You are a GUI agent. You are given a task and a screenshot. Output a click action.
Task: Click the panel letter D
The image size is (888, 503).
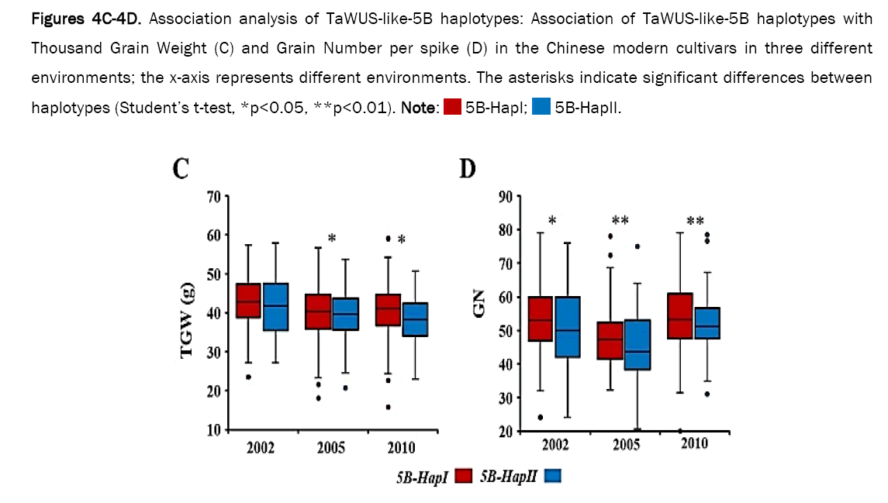tap(468, 168)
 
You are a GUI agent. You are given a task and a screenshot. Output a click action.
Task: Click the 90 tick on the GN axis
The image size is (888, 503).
tap(505, 196)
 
